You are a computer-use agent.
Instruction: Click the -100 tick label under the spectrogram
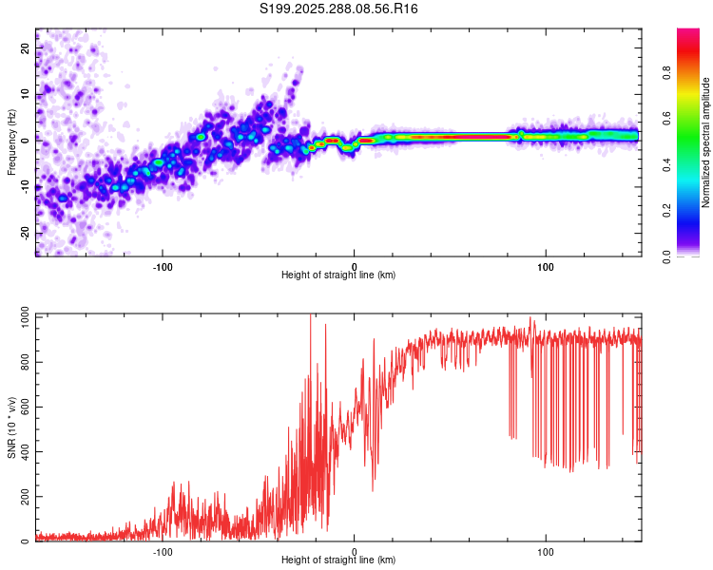coord(163,267)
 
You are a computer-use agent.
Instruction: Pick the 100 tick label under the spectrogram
coord(546,267)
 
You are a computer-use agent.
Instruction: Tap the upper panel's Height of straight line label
coord(338,275)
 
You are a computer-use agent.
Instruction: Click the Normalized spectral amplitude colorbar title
coord(706,142)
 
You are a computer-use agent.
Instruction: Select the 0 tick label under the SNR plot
coord(355,552)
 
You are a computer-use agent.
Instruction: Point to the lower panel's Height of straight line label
coord(338,560)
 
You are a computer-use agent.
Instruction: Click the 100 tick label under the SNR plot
coord(546,552)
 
